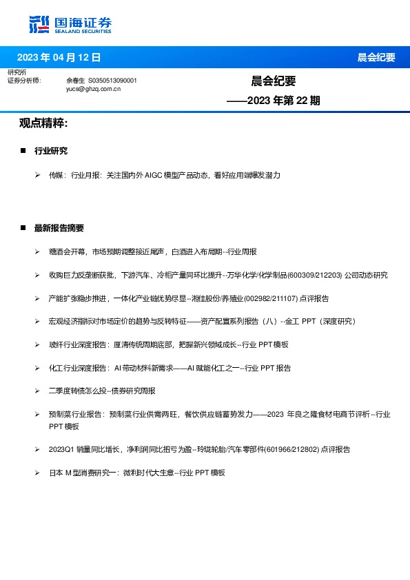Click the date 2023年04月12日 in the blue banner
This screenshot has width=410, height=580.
[x=59, y=57]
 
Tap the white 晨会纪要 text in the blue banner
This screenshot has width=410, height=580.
[x=376, y=57]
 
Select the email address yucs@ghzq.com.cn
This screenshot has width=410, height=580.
[x=94, y=89]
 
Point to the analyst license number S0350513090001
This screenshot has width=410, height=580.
[x=113, y=81]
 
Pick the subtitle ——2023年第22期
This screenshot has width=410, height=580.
[x=274, y=101]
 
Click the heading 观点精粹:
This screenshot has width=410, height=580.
[x=43, y=123]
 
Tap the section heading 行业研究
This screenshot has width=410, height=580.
[x=51, y=151]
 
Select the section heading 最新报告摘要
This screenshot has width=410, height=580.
[x=59, y=228]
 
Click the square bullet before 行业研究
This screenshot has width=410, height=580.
[x=23, y=151]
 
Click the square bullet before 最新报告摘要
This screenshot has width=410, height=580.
[x=23, y=228]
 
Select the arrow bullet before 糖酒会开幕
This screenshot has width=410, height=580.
[x=37, y=252]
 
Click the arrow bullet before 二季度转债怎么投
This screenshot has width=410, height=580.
[x=37, y=391]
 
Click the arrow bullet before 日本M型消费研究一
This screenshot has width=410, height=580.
[x=37, y=473]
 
